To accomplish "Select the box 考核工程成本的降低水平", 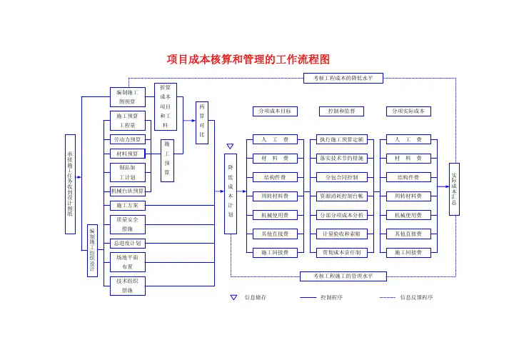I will click(x=343, y=77).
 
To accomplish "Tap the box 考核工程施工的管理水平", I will click(x=343, y=276).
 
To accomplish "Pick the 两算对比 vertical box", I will click(x=202, y=120).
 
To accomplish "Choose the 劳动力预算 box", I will click(x=127, y=139).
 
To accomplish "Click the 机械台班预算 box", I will click(x=127, y=191).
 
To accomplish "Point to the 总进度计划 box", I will click(x=127, y=243).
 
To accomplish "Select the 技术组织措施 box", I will click(x=127, y=286).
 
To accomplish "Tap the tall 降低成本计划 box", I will click(x=231, y=194).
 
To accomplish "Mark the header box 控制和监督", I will click(x=342, y=111).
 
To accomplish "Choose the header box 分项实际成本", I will click(x=408, y=111).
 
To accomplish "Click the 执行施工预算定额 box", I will click(x=342, y=139).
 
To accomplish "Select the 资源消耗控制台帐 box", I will click(x=342, y=196).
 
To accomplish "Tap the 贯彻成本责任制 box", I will click(x=342, y=252).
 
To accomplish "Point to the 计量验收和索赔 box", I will click(x=342, y=234).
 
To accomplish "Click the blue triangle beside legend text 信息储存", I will click(x=233, y=297).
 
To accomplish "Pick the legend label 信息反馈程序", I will click(x=416, y=297).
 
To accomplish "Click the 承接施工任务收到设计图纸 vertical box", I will click(x=69, y=184).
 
